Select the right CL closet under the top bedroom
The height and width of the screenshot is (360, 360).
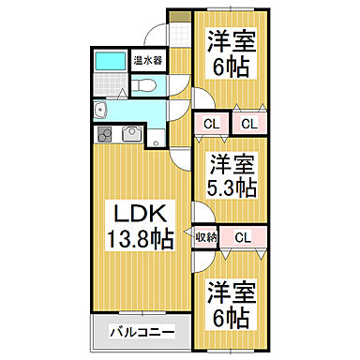click(247, 123)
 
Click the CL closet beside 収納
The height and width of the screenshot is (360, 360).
click(243, 238)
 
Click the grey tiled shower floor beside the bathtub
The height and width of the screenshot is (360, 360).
click(111, 88)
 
